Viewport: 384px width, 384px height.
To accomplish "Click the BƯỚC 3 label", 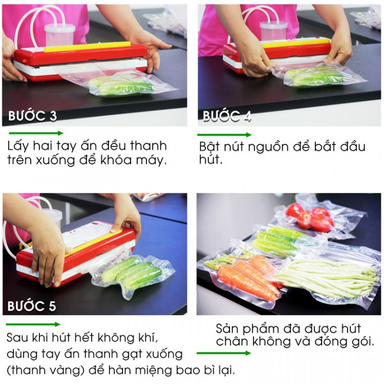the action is click(33, 116).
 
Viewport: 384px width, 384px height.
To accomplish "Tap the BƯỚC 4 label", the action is click(227, 116).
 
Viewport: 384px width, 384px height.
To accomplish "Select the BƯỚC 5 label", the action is click(32, 306).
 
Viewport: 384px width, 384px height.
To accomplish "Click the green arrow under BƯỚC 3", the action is click(36, 133).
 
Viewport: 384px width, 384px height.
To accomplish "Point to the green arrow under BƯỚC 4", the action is click(224, 135).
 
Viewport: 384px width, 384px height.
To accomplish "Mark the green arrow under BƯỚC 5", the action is click(33, 325).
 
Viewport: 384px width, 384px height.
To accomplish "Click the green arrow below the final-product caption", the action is click(224, 353).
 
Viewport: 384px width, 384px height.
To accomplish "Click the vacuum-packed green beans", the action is click(326, 278).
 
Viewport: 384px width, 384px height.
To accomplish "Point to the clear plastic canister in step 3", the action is click(60, 35).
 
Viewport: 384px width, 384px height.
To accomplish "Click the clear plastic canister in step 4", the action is click(273, 31).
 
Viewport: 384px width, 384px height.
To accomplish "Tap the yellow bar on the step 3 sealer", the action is click(87, 47).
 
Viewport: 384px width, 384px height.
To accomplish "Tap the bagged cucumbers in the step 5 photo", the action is click(132, 272).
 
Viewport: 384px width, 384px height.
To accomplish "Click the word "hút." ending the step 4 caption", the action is click(210, 159).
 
